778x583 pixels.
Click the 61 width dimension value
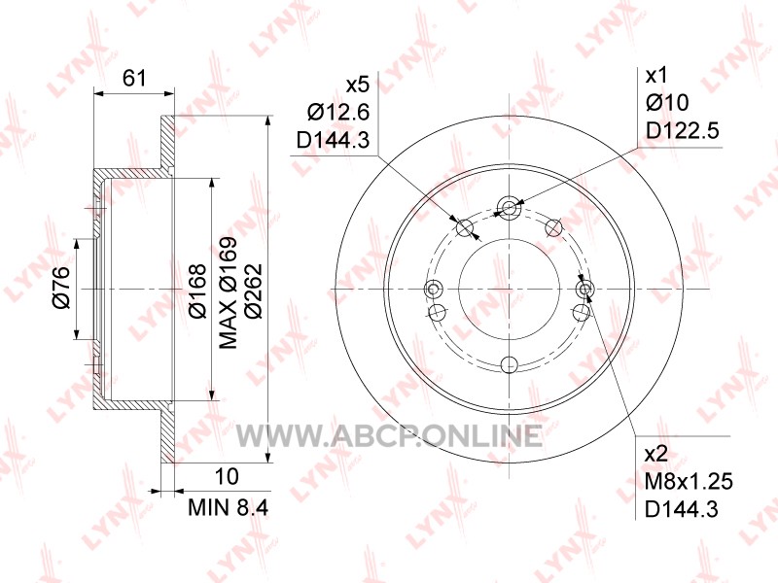pos(134,78)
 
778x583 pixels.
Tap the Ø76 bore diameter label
pos(61,288)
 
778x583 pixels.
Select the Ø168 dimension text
pos(198,291)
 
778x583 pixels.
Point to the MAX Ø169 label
pos(229,293)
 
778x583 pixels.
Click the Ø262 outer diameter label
pos(254,291)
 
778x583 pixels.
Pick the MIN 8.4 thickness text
pos(229,507)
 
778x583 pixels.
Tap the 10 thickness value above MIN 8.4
pos(227,476)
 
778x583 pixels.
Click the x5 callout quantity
pos(358,85)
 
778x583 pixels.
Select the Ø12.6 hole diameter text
pos(338,112)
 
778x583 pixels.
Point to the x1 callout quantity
pos(656,76)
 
